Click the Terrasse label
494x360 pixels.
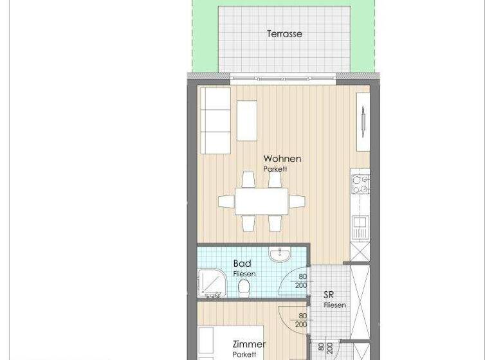(x=284, y=34)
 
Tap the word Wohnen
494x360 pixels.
(x=282, y=159)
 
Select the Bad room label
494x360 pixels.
(x=242, y=264)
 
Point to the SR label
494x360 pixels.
(x=329, y=295)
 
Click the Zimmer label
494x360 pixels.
(x=248, y=345)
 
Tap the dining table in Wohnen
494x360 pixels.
(x=261, y=201)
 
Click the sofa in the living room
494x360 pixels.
(x=215, y=120)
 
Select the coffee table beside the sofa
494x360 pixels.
(x=247, y=120)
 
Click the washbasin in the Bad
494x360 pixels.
(x=280, y=256)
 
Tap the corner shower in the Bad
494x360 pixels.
(x=210, y=283)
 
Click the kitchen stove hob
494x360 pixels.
(x=360, y=184)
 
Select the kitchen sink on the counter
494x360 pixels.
(x=360, y=226)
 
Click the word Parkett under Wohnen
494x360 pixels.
(x=275, y=169)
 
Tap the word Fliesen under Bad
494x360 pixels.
(x=244, y=274)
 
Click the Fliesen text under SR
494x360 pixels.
(x=334, y=305)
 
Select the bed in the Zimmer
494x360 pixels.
(x=206, y=344)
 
